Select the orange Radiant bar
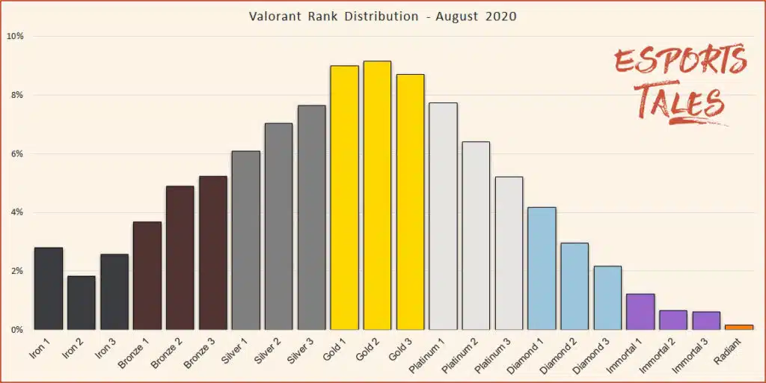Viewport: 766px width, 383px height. [739, 327]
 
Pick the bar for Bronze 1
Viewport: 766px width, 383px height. [147, 275]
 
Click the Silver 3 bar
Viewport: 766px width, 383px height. [311, 218]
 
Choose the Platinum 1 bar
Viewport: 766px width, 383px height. [443, 216]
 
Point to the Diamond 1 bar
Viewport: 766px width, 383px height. [542, 269]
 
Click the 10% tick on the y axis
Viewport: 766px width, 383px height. [15, 36]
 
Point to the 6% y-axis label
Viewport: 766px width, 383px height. [16, 153]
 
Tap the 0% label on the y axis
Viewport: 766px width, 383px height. [16, 329]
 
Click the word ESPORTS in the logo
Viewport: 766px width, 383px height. [679, 62]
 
